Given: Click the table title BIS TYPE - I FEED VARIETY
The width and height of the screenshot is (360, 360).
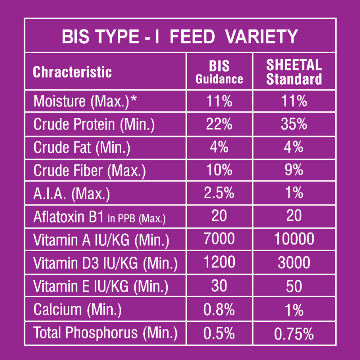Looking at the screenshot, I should tap(180, 36).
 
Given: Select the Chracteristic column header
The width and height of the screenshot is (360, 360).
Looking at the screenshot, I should tap(72, 72).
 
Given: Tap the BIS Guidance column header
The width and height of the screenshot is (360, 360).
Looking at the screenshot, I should tap(219, 72).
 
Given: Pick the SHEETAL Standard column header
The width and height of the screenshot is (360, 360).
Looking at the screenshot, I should tap(294, 72).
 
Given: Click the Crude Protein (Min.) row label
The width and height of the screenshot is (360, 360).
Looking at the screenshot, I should tap(94, 125).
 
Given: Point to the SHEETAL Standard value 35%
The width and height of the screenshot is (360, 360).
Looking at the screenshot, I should tap(294, 124).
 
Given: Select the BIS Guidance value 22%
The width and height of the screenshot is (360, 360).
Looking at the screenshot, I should tap(219, 124).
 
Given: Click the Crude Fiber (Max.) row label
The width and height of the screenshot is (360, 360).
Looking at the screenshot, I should tap(90, 171).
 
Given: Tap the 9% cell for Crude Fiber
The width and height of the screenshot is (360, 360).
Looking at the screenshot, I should tap(294, 170).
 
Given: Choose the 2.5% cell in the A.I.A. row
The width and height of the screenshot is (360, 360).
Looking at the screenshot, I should tap(219, 193).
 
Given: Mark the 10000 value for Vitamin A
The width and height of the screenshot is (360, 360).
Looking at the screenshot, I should tap(294, 239).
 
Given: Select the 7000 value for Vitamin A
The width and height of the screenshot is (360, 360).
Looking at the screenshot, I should tap(219, 239).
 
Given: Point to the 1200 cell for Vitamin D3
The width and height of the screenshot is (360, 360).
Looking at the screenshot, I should tap(219, 262).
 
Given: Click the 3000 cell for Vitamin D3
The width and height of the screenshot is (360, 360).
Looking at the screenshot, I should tap(294, 263).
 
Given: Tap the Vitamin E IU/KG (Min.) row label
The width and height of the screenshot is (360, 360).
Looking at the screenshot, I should tap(101, 287).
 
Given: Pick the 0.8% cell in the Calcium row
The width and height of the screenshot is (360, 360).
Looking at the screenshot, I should tap(219, 309).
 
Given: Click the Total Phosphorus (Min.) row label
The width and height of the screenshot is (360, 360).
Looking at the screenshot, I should tap(105, 333).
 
